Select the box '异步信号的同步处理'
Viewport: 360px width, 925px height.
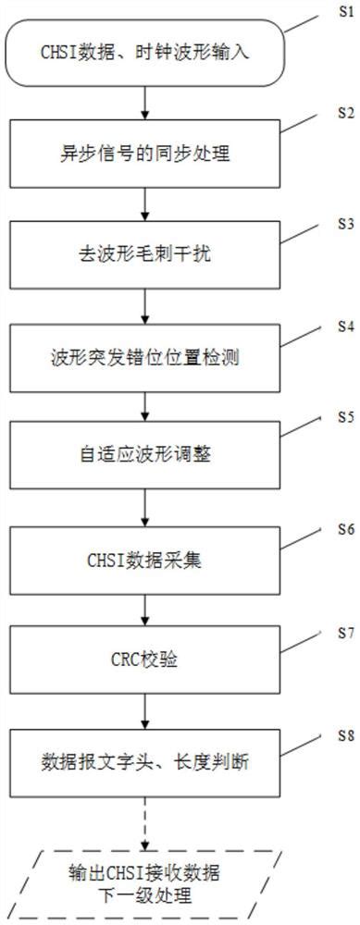[144, 154]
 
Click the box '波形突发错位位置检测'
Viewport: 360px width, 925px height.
[144, 356]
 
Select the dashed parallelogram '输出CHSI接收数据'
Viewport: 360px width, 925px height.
[144, 873]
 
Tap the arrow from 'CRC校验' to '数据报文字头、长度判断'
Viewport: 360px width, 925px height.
[144, 710]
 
